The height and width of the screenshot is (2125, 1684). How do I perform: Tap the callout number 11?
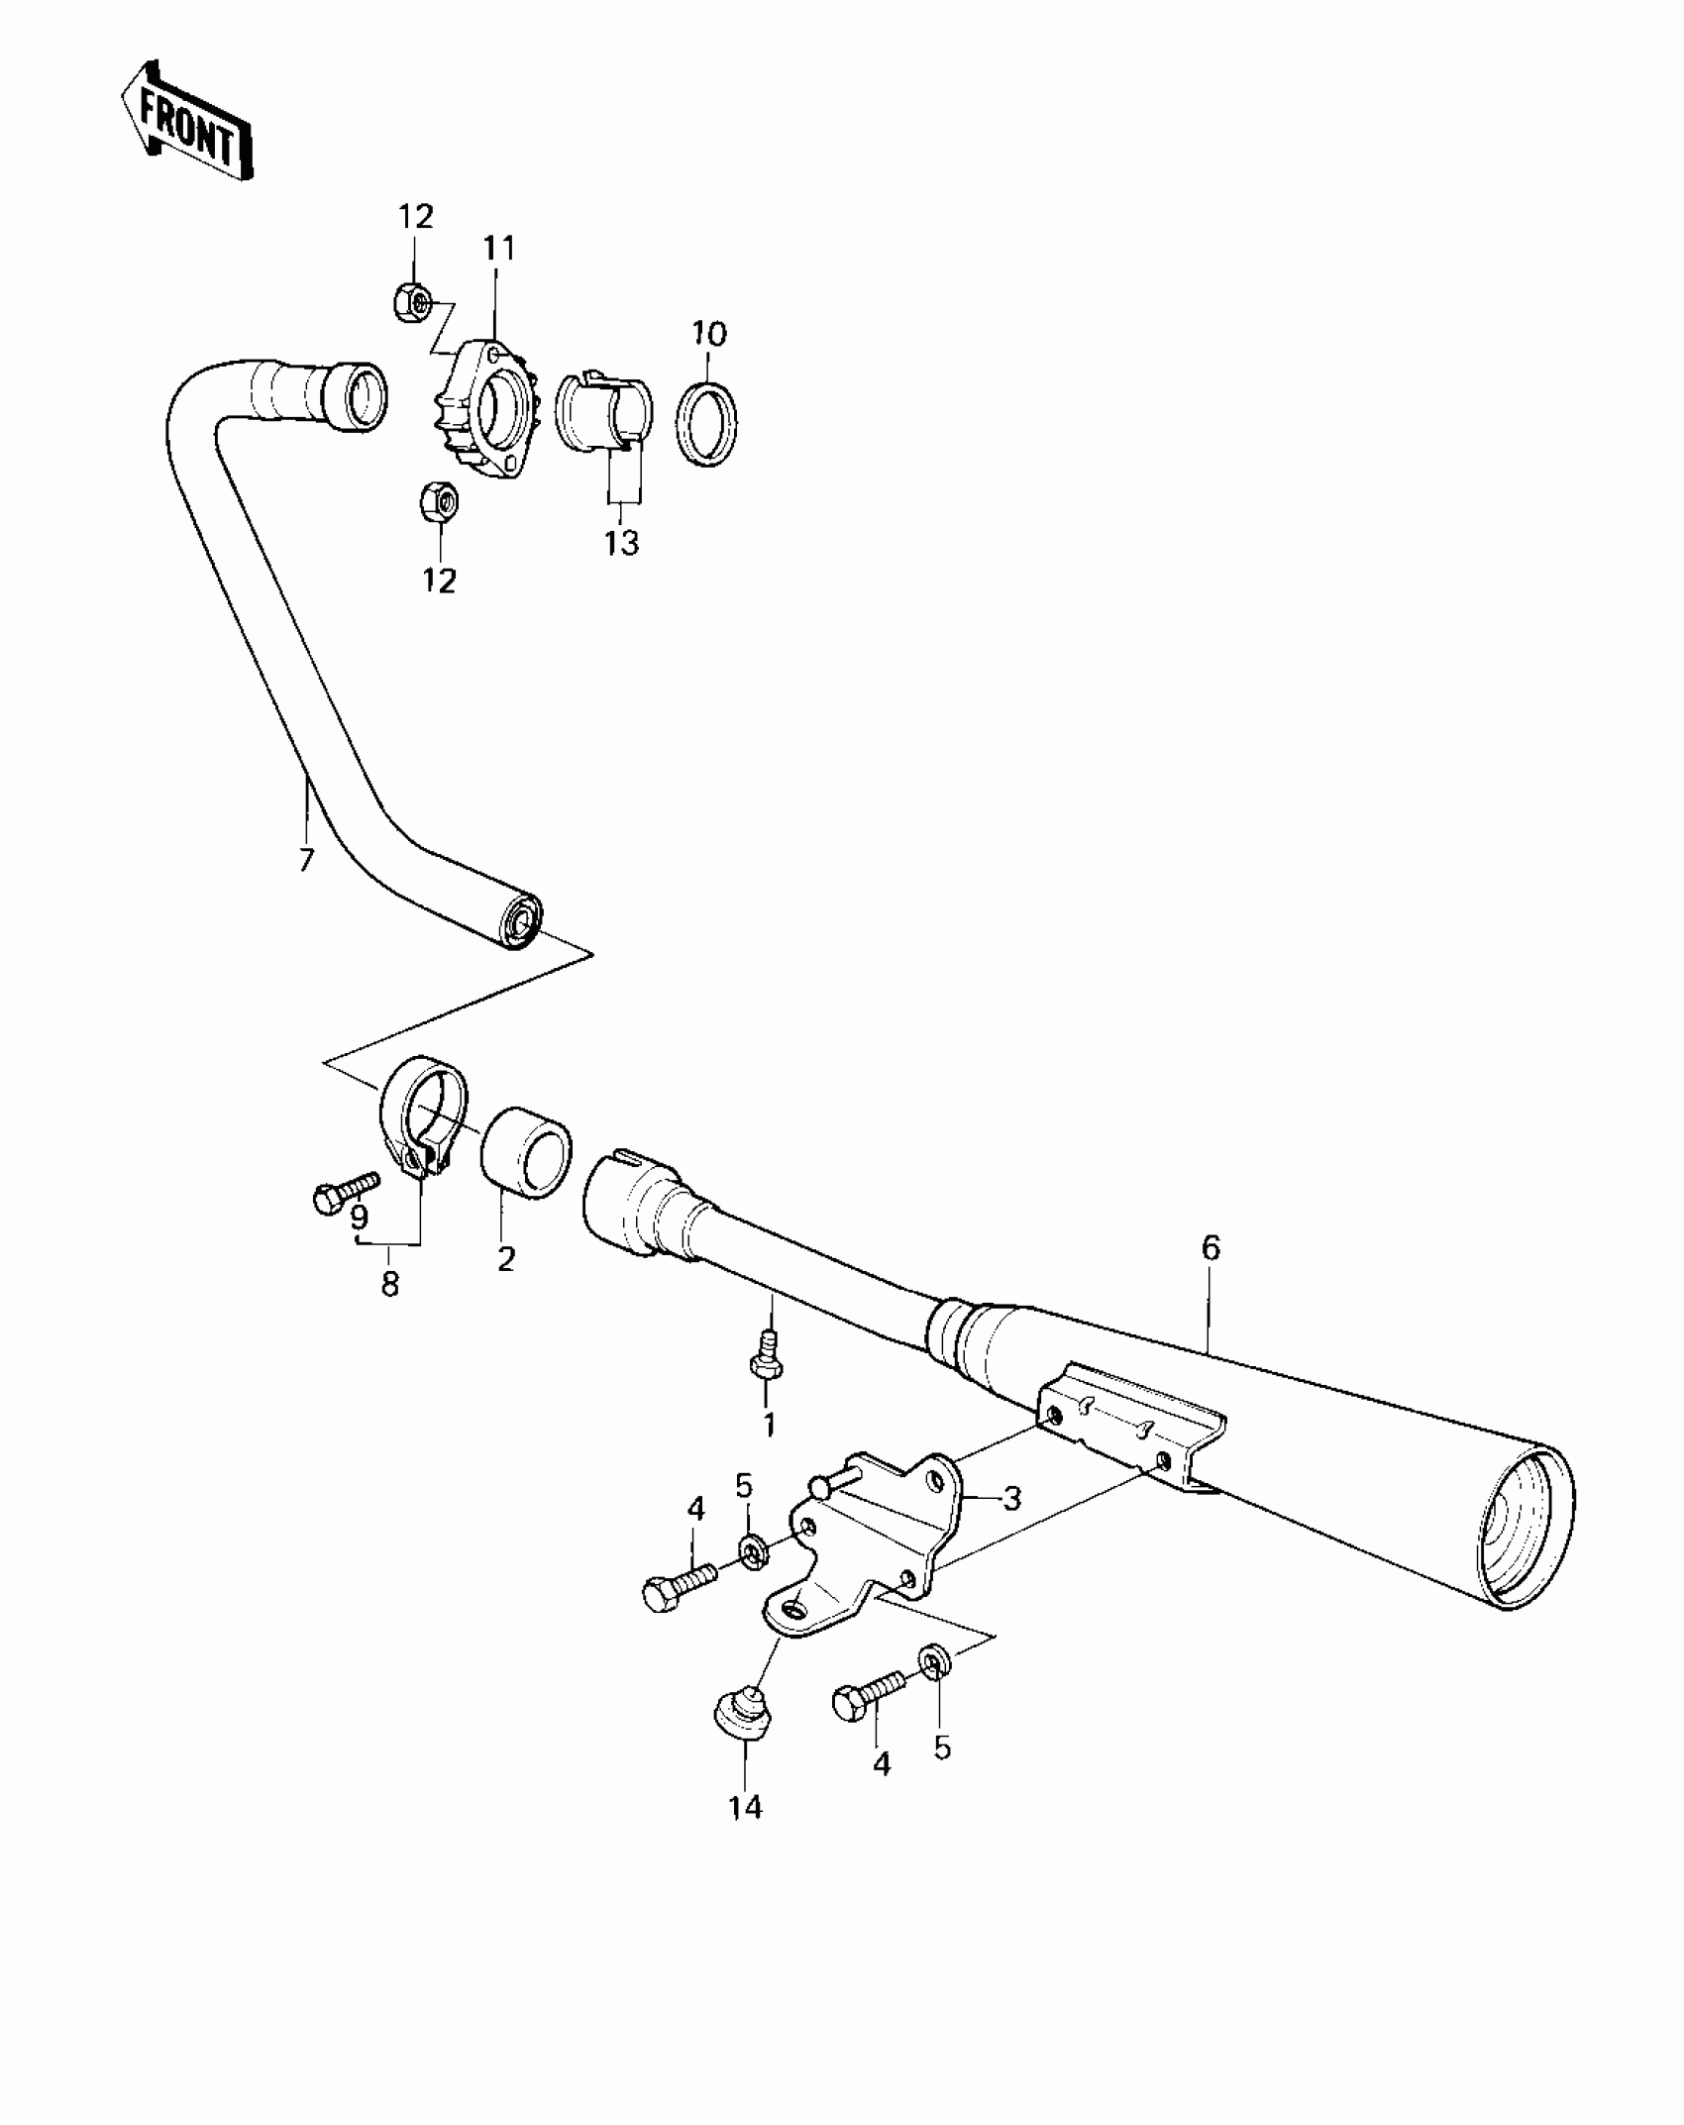(499, 249)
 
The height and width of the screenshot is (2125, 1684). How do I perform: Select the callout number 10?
(709, 333)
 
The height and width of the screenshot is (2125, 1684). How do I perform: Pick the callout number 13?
(623, 542)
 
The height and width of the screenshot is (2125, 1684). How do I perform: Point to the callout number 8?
(390, 1284)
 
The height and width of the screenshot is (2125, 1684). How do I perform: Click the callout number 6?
(1210, 1248)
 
